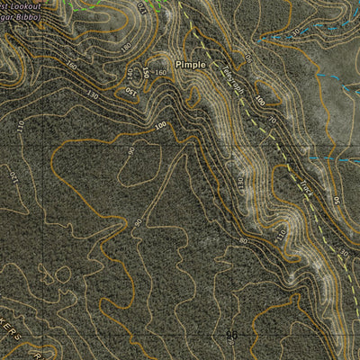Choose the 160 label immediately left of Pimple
point(160,72)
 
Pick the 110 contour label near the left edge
point(19,125)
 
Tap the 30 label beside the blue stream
point(294,33)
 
